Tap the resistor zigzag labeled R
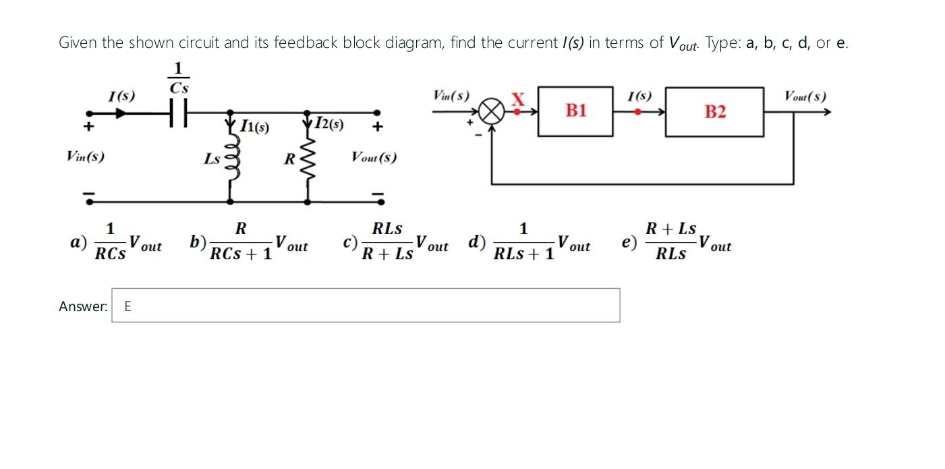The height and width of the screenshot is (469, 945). click(x=309, y=160)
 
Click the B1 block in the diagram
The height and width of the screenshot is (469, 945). click(x=575, y=111)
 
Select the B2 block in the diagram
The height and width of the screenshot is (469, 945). click(x=715, y=112)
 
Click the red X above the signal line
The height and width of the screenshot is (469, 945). click(x=518, y=99)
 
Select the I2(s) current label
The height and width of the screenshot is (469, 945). click(x=329, y=124)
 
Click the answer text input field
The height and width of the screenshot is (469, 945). click(x=366, y=306)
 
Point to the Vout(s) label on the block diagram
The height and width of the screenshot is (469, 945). click(x=805, y=96)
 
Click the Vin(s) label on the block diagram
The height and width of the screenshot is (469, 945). click(x=451, y=96)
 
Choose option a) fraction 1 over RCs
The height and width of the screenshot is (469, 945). click(x=111, y=241)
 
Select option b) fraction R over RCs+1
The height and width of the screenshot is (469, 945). click(x=240, y=241)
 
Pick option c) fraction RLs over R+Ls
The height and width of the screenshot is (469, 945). click(x=387, y=241)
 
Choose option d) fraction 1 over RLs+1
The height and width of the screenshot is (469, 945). click(x=524, y=241)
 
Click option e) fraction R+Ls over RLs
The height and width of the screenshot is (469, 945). click(x=670, y=241)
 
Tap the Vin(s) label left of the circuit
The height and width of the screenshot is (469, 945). click(x=85, y=157)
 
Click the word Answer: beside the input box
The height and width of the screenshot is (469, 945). click(x=83, y=306)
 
